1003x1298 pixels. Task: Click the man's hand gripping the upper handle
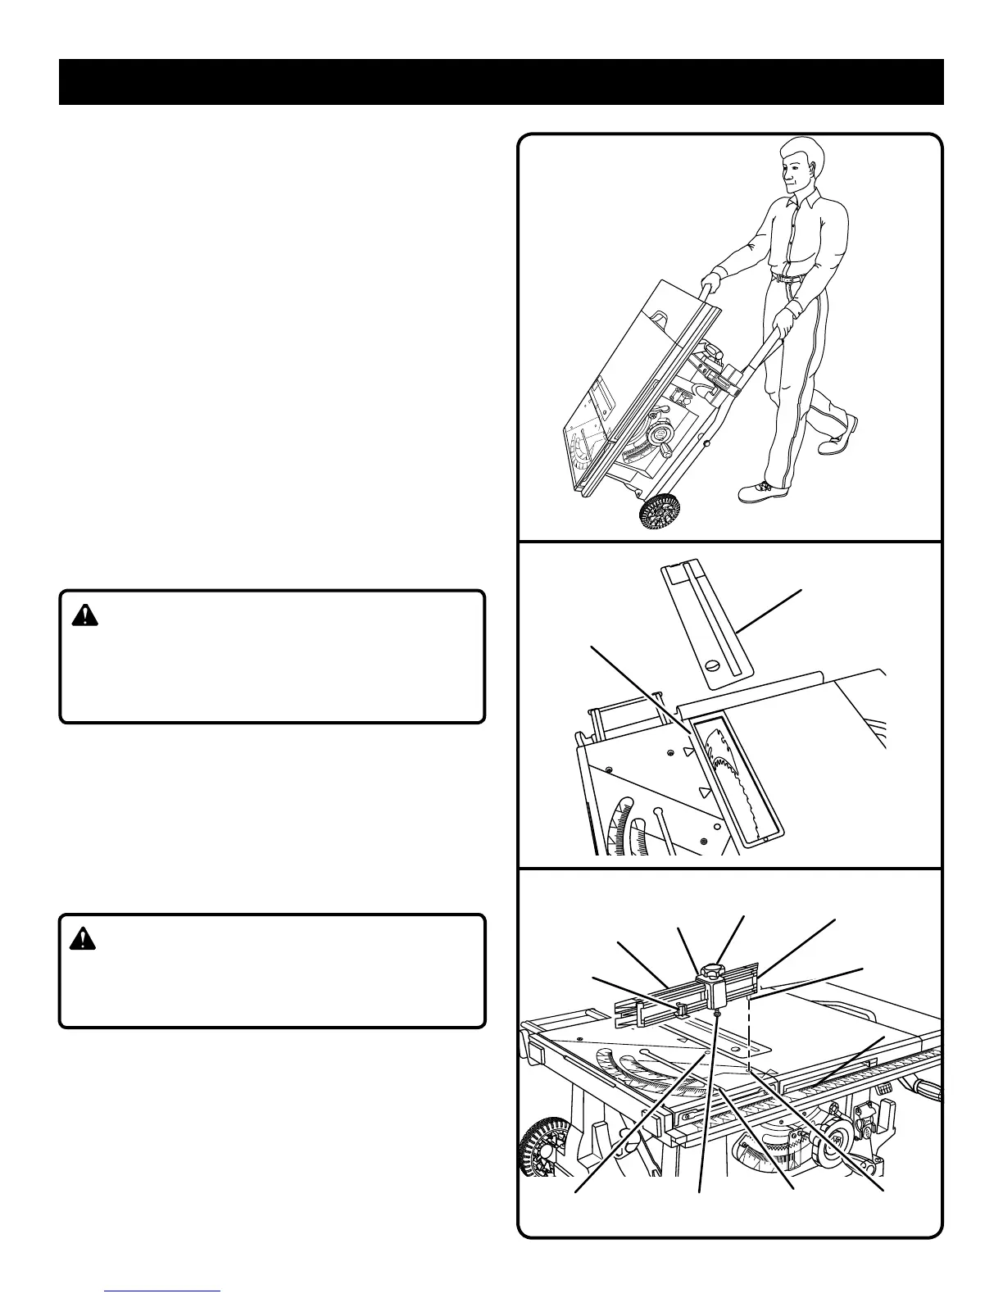click(x=708, y=286)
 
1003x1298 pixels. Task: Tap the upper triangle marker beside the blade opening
click(x=689, y=749)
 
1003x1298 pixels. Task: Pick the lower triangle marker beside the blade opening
click(x=702, y=792)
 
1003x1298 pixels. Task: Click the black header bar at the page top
click(x=501, y=82)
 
